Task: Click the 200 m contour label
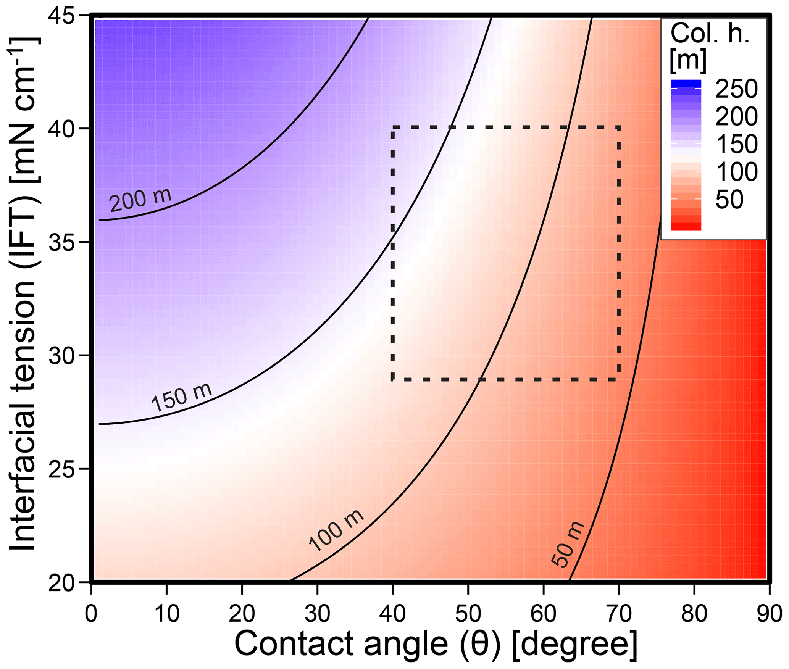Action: [x=140, y=200]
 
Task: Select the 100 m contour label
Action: [x=336, y=531]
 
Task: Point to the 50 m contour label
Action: [x=568, y=544]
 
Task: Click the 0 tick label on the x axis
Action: [x=91, y=614]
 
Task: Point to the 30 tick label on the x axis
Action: [x=317, y=614]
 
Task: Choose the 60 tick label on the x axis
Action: [x=544, y=614]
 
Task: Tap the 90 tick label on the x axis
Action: [x=768, y=614]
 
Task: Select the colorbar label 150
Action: [x=736, y=144]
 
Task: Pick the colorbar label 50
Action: [x=729, y=199]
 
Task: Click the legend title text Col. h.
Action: [x=710, y=34]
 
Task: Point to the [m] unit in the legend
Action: [x=688, y=60]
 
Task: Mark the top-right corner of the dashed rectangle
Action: [x=618, y=127]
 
